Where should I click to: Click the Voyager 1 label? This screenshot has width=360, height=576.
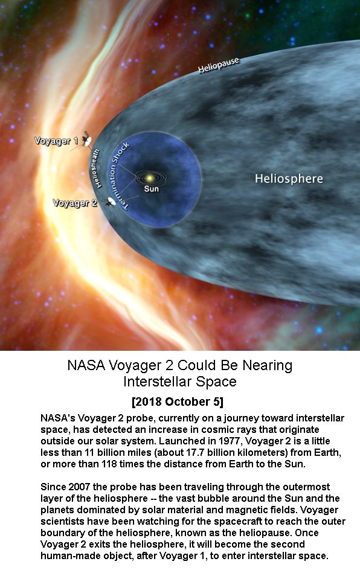[56, 141]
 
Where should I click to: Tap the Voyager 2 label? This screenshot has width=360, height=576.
[75, 203]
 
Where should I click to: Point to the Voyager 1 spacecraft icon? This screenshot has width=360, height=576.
[87, 140]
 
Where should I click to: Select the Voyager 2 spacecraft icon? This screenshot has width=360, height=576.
[110, 202]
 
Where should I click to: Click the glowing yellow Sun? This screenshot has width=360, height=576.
[149, 178]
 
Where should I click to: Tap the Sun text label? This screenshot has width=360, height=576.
[152, 189]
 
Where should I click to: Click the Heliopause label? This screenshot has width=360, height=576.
[219, 65]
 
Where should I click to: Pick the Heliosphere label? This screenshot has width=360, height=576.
[289, 179]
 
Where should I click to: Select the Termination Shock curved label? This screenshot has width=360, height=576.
[116, 176]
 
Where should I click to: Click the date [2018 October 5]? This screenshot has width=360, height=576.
[178, 402]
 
